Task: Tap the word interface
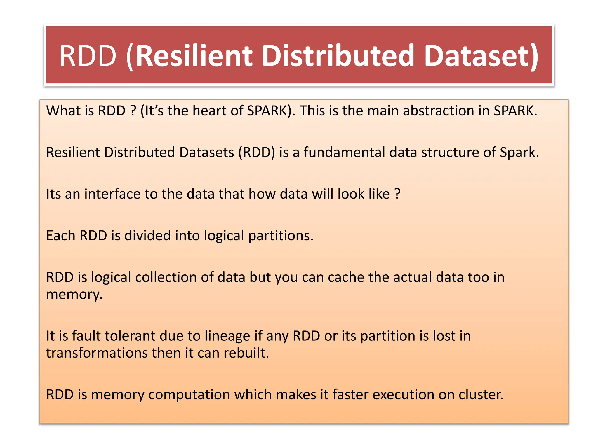click(x=112, y=194)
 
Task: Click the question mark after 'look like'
click(x=397, y=194)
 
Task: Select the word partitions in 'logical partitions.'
click(x=281, y=236)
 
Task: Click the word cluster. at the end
click(x=481, y=395)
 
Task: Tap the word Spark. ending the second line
click(x=519, y=153)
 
